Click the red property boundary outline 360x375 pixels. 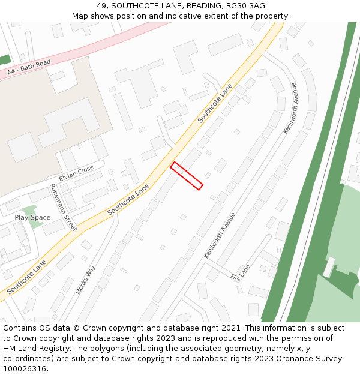coord(187,176)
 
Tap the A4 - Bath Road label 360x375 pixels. coord(29,68)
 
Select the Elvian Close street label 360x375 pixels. coord(76,173)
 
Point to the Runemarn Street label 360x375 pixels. coord(63,207)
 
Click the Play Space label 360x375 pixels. coord(32,217)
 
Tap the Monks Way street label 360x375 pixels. coord(85,280)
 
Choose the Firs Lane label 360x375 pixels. coord(240,272)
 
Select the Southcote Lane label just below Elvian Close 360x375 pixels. coord(128,200)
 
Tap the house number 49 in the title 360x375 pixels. coord(100,6)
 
